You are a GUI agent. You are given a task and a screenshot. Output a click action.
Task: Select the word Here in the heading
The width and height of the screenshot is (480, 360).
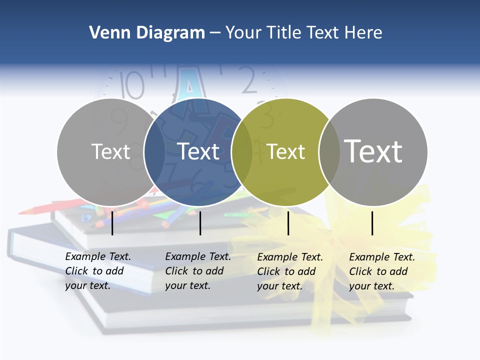pyautogui.click(x=363, y=33)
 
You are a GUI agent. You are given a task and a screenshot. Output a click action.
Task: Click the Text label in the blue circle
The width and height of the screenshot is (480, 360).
pyautogui.click(x=198, y=151)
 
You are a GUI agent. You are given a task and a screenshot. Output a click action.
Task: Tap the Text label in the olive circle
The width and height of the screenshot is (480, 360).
pyautogui.click(x=286, y=151)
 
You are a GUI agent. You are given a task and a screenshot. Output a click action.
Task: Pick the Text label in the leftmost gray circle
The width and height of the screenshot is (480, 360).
pyautogui.click(x=111, y=151)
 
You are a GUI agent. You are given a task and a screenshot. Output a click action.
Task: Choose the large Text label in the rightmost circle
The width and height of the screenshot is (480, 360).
pyautogui.click(x=373, y=151)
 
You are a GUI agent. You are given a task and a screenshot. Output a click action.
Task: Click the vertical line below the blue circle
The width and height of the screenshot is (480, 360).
pyautogui.click(x=200, y=223)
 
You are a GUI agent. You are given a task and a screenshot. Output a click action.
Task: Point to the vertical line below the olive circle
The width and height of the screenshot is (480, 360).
pyautogui.click(x=288, y=223)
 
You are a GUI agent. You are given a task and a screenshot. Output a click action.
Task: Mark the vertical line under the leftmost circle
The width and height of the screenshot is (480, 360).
pyautogui.click(x=112, y=223)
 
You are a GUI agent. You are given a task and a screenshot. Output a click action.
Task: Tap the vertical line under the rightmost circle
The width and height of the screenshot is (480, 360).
pyautogui.click(x=372, y=223)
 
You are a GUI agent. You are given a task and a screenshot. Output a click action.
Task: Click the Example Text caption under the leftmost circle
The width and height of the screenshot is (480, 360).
pyautogui.click(x=97, y=271)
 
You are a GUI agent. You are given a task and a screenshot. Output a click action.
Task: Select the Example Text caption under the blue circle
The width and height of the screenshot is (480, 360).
pyautogui.click(x=197, y=271)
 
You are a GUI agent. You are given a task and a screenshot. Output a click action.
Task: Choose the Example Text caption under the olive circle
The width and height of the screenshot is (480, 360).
pyautogui.click(x=289, y=271)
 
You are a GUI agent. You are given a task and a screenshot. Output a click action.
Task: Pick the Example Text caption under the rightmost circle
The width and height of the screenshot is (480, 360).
pyautogui.click(x=381, y=271)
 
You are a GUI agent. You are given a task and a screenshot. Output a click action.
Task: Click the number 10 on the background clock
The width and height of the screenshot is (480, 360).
pyautogui.click(x=133, y=84)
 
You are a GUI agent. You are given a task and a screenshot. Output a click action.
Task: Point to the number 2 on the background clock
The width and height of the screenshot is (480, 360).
pyautogui.click(x=248, y=81)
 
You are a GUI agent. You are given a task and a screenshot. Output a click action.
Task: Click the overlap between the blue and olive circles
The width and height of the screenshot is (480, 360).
pyautogui.click(x=242, y=151)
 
